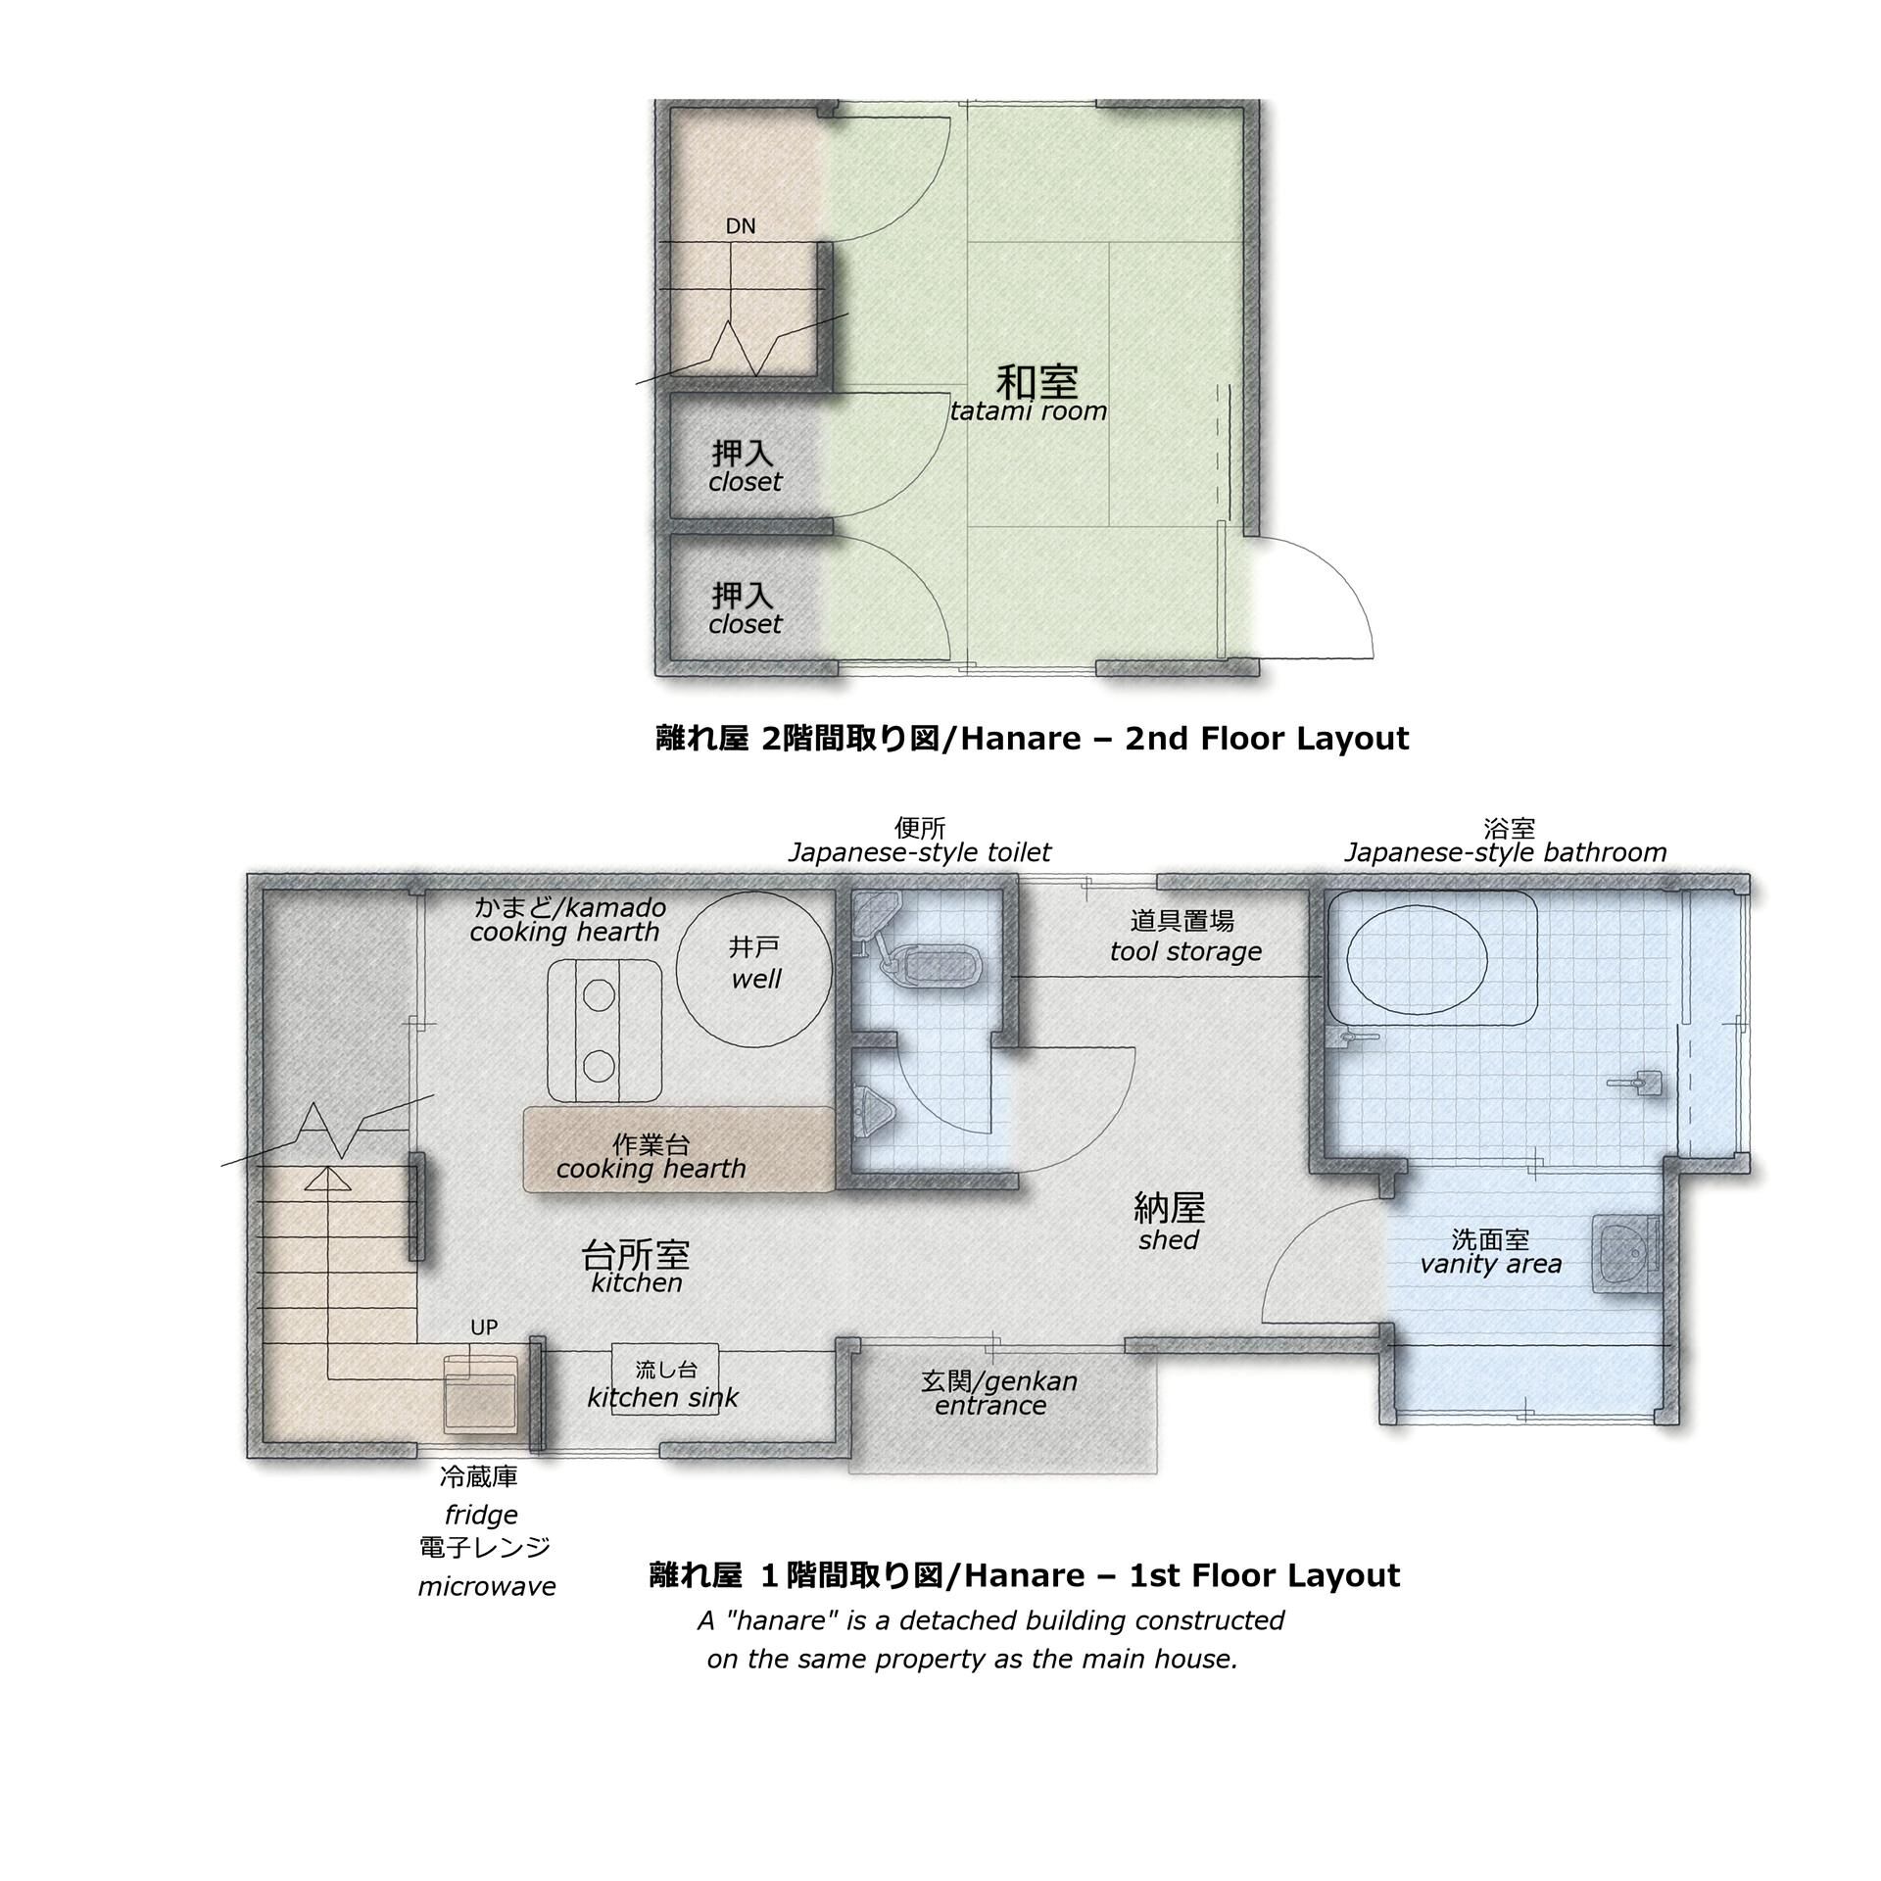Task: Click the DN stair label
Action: coord(741,226)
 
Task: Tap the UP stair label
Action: coord(484,1327)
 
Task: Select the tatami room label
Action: coord(1029,411)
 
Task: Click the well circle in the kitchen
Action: coord(755,971)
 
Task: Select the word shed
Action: coord(1169,1240)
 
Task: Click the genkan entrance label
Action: coord(998,1393)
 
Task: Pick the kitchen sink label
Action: coord(663,1398)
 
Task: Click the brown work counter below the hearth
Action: coord(678,1150)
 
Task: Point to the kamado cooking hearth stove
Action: coord(603,1031)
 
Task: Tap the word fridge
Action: coord(481,1515)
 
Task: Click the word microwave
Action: coord(487,1586)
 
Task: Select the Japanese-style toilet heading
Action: coord(919,852)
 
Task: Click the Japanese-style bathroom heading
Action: coord(1505,852)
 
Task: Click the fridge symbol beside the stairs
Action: coord(480,1393)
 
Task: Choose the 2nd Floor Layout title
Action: coord(1032,738)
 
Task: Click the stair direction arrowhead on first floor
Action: coord(328,1179)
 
